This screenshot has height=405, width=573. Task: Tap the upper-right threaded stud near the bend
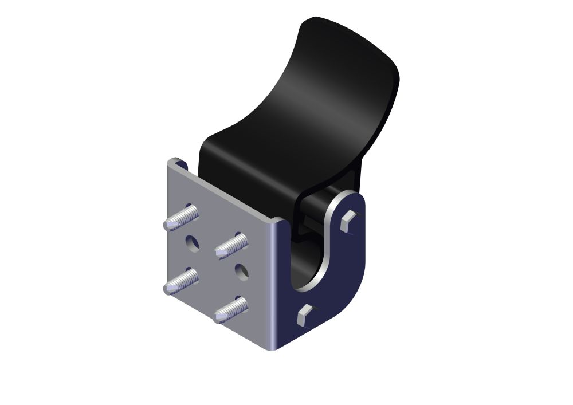[x=231, y=245]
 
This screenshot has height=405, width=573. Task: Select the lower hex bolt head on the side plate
[x=304, y=314]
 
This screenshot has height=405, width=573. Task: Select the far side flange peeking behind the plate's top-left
[x=180, y=164]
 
